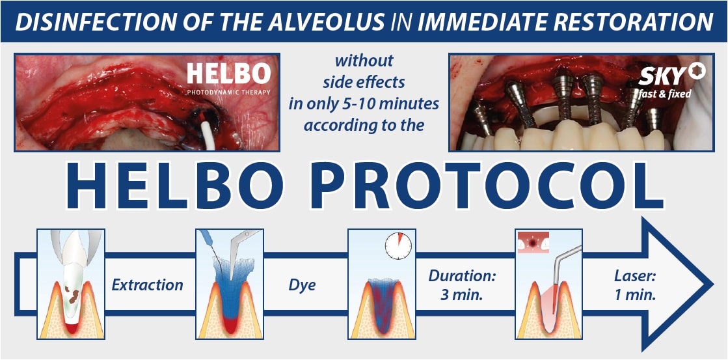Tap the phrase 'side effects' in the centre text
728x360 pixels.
[364, 83]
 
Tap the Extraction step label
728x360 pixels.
[147, 284]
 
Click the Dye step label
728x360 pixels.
[302, 284]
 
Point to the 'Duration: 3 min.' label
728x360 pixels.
[462, 284]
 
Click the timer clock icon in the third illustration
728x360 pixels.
[398, 245]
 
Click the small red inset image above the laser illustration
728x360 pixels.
[532, 243]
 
